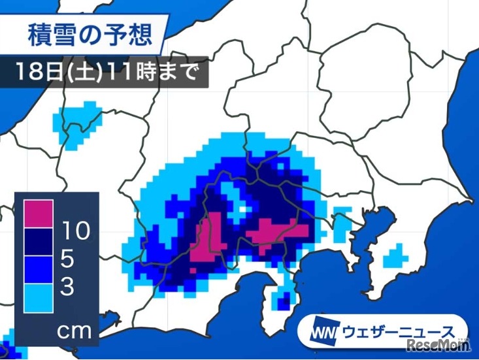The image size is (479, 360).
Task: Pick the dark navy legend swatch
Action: point(39,241)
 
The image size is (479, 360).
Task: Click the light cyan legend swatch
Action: point(39,297)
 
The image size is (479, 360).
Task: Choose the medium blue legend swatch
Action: point(39,269)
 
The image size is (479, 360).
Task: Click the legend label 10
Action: point(77,230)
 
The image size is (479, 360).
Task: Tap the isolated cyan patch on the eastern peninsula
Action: point(394,255)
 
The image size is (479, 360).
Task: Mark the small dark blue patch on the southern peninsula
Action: point(284,302)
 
